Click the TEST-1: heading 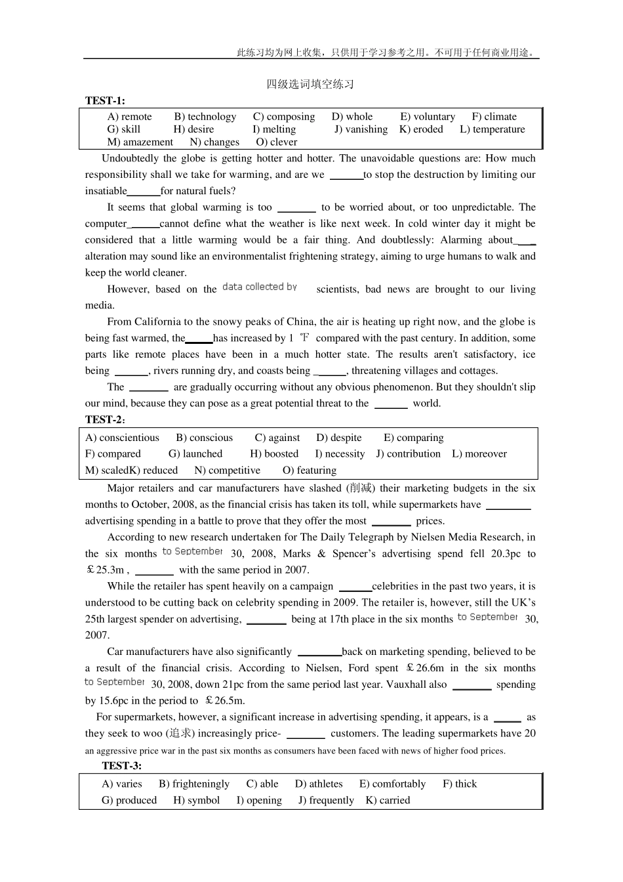[105, 100]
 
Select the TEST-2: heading [105, 419]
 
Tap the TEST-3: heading [121, 765]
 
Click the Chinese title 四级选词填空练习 [310, 84]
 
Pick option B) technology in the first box [205, 117]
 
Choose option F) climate [494, 117]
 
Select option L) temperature [492, 129]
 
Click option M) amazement [140, 142]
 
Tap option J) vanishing [361, 129]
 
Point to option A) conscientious [123, 438]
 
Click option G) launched [195, 453]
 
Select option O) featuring [310, 470]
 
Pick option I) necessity [340, 453]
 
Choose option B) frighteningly [194, 784]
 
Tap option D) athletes [319, 784]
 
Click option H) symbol [197, 800]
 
